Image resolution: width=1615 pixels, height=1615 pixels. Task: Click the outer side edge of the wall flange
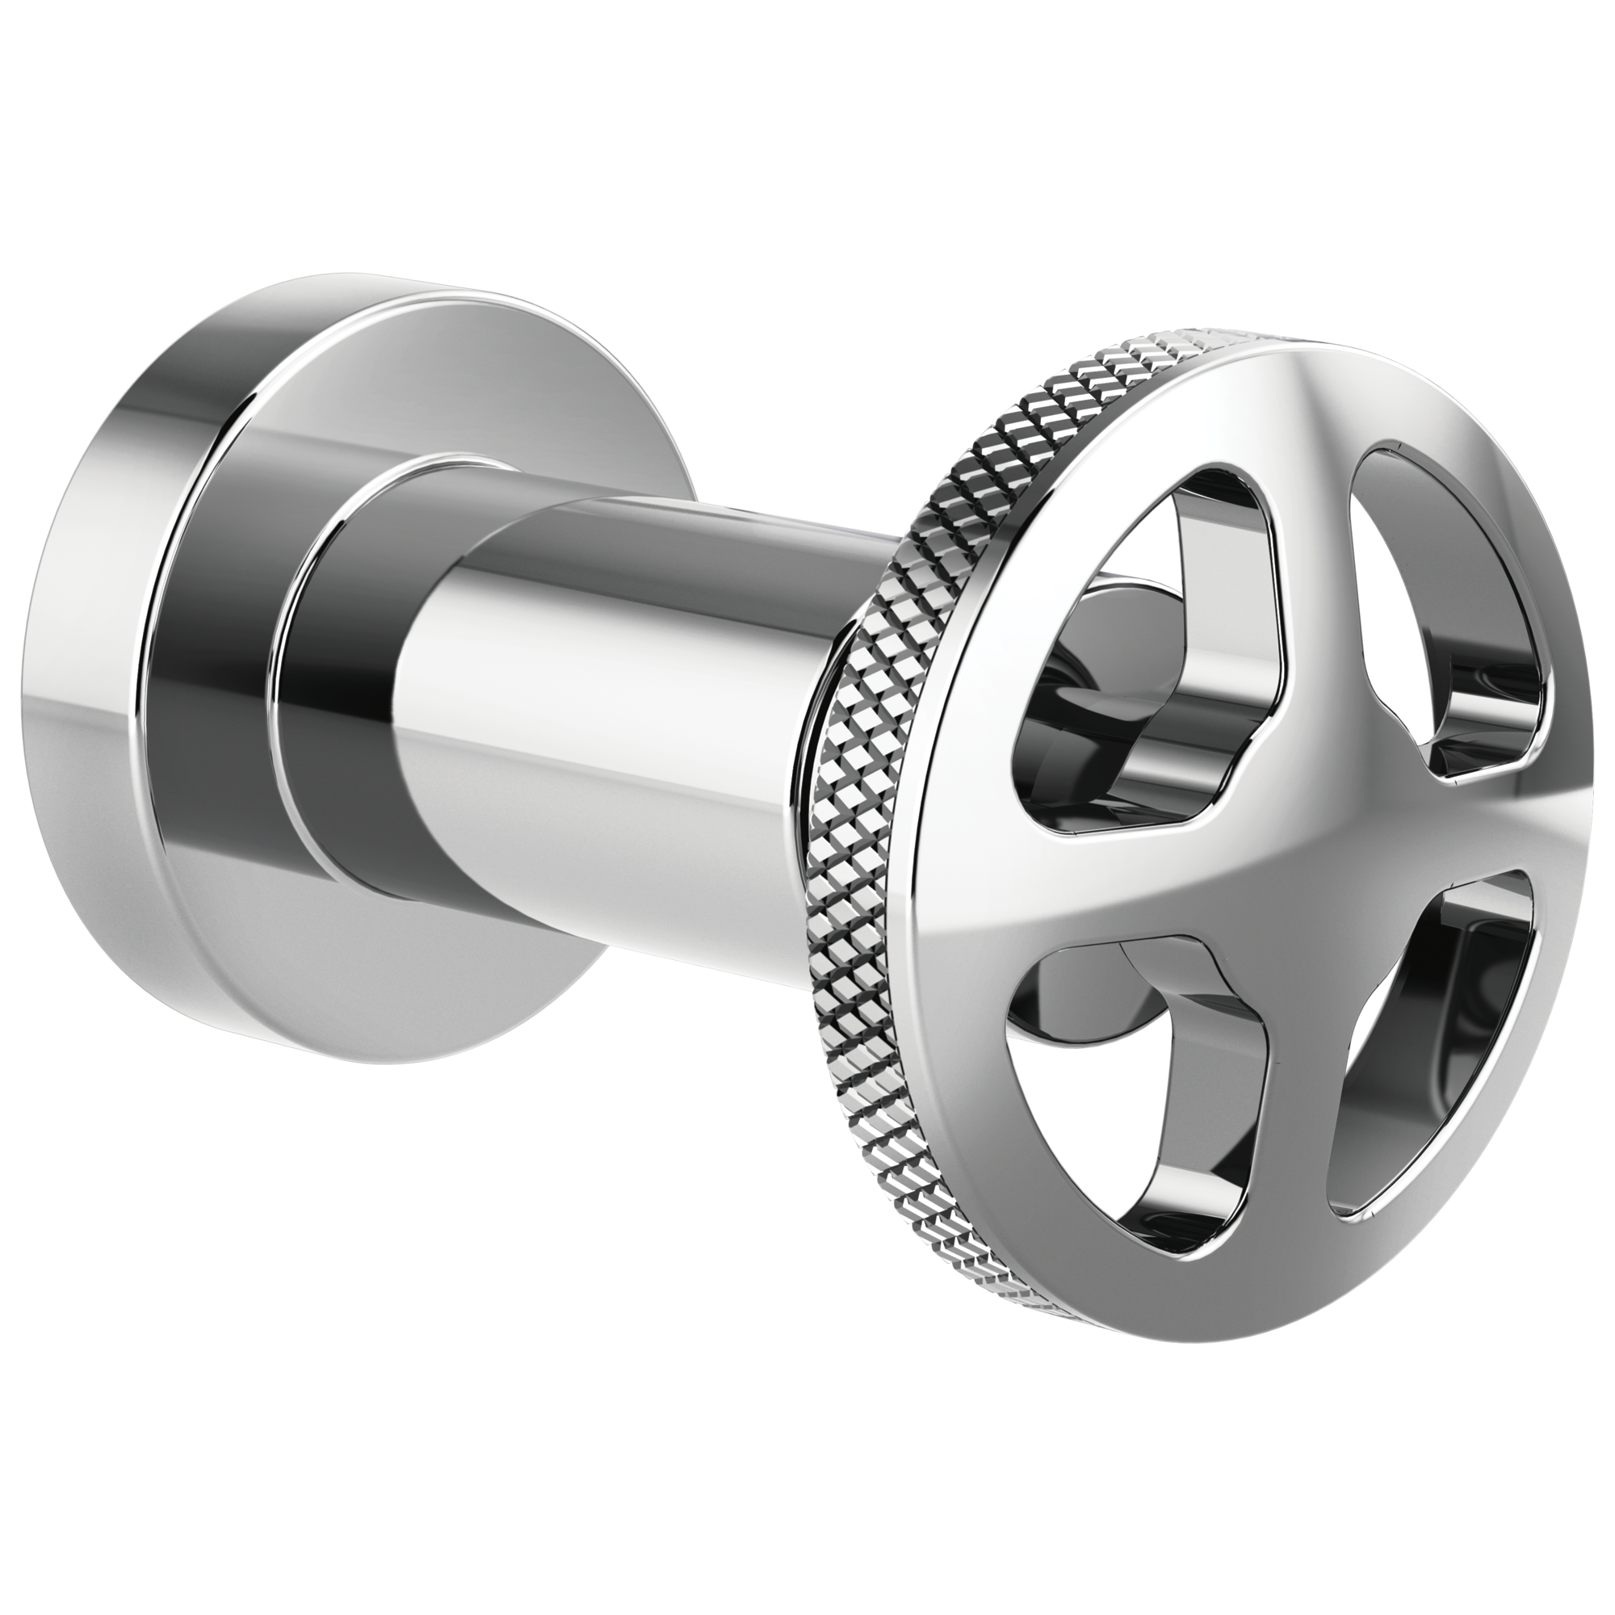(75, 753)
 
